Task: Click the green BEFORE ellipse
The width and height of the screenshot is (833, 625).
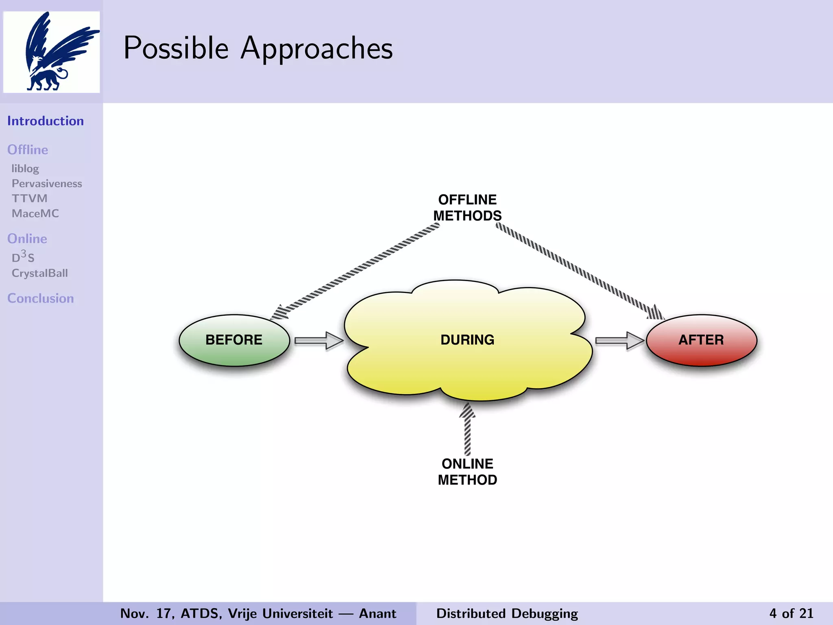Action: pos(234,340)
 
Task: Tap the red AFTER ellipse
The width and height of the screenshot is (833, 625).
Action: pos(701,340)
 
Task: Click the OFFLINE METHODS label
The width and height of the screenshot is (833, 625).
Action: pos(467,208)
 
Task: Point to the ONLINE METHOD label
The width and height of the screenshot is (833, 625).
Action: pos(467,472)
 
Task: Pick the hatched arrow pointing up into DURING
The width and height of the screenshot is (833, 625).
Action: pos(467,429)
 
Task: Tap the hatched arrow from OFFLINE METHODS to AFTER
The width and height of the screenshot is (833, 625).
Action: pos(580,271)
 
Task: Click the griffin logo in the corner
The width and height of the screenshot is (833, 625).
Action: pos(52,52)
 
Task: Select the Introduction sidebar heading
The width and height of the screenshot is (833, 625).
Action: pos(46,121)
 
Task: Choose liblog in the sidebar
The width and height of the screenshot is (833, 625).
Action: pos(25,168)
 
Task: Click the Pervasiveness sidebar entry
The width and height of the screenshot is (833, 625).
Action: pos(47,184)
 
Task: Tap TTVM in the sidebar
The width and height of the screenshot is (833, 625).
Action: pos(29,199)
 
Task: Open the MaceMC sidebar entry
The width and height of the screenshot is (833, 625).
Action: pos(35,214)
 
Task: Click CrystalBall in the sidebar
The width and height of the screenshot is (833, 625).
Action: pos(40,273)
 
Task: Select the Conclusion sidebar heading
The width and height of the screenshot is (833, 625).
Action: pos(41,298)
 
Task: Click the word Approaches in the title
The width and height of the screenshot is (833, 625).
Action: pos(316,49)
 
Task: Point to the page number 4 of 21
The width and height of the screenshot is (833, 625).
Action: pos(791,613)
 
